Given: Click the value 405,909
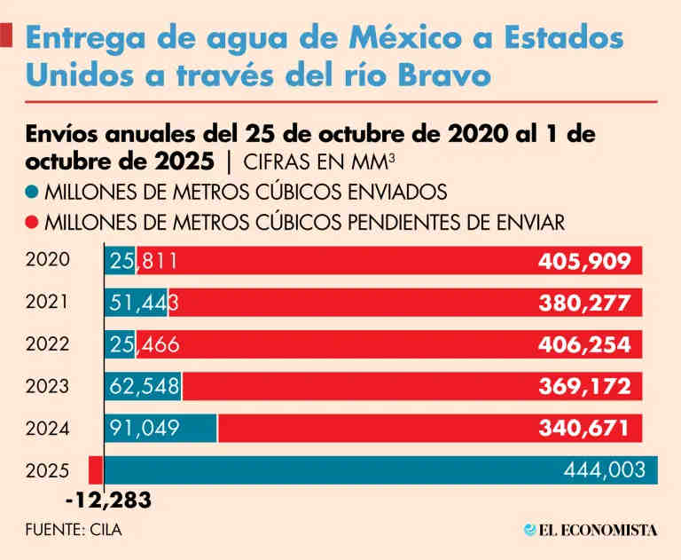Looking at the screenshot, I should pyautogui.click(x=584, y=262).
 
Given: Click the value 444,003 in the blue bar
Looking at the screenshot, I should pyautogui.click(x=605, y=471).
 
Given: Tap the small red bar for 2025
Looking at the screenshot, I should pyautogui.click(x=95, y=470).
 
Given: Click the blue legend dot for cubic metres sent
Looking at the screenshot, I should pyautogui.click(x=33, y=191).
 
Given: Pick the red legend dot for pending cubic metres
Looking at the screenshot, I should pyautogui.click(x=33, y=220).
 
